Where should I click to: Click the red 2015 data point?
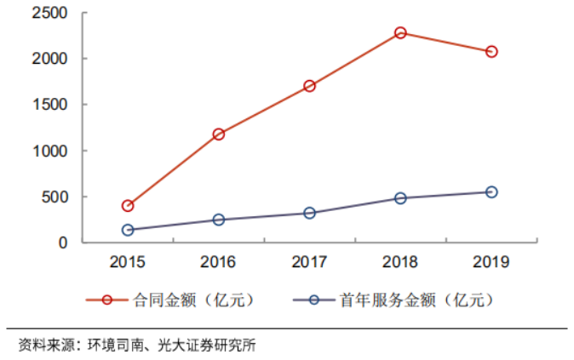coord(128,206)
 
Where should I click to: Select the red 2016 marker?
coord(219,134)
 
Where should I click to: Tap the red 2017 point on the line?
coord(309,86)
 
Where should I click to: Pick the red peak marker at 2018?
coord(400,33)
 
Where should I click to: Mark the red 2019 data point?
coord(491,52)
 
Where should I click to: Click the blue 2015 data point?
coord(128,230)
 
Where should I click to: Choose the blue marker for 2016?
coord(219,220)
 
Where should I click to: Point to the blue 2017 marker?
coord(309,213)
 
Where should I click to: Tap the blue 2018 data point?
coord(400,198)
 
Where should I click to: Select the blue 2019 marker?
coord(491,192)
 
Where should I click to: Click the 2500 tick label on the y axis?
coord(49,14)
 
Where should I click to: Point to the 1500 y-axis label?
coord(49,106)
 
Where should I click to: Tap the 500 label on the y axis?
coord(55,197)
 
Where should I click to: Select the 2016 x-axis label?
coord(219,262)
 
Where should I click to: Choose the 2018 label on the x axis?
coord(400,262)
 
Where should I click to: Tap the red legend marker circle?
coord(107,300)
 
